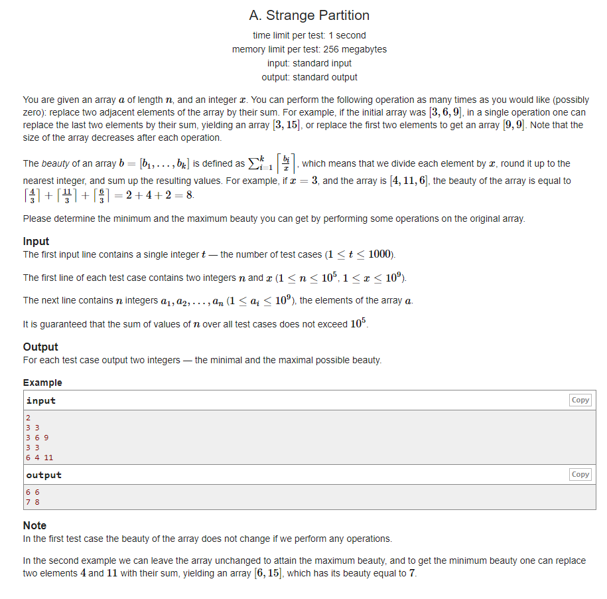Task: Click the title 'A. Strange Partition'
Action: [x=309, y=15]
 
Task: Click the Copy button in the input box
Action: [x=580, y=400]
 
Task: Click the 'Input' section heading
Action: [x=36, y=242]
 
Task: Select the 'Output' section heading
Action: [x=40, y=347]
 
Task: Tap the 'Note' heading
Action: [x=34, y=525]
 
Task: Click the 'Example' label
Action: [x=42, y=383]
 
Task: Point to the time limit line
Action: [x=309, y=35]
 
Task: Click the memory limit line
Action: [x=309, y=49]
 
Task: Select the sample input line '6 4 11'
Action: [x=40, y=458]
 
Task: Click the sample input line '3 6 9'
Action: [x=37, y=438]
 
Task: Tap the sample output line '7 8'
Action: [x=33, y=502]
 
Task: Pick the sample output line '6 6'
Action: [x=33, y=492]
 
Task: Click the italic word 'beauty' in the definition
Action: [x=56, y=163]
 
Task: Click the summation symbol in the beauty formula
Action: [x=254, y=163]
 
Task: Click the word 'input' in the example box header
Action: [x=41, y=400]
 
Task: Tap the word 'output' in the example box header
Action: [x=44, y=475]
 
